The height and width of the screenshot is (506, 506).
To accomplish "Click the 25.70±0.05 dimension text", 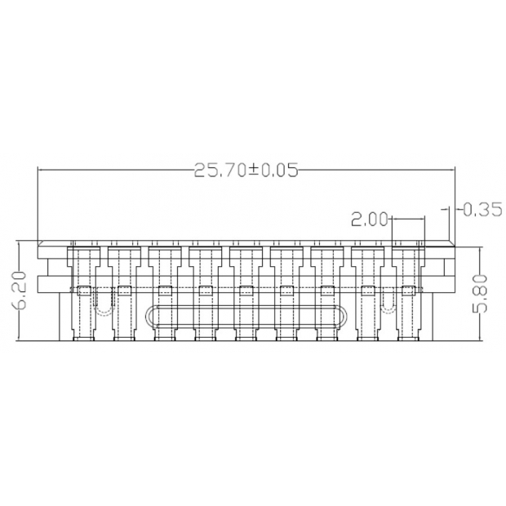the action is (246, 170).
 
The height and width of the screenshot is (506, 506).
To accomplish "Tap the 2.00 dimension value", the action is (369, 220).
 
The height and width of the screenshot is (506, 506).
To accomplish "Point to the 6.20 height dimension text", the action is (20, 291).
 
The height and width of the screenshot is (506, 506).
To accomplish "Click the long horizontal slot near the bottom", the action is (246, 317).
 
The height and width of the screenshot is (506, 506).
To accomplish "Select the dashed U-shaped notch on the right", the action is (388, 301).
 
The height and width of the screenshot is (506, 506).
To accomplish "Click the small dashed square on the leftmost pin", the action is (83, 291).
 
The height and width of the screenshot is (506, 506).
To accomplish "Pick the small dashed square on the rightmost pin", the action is (408, 291).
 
